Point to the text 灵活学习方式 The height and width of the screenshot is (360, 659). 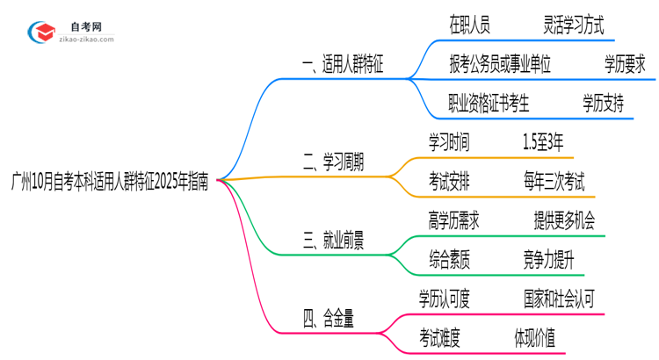574,25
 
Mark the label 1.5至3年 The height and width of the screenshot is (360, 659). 543,142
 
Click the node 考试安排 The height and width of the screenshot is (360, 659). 449,182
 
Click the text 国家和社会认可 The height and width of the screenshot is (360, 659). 559,299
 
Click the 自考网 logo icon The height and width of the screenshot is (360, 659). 41,33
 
